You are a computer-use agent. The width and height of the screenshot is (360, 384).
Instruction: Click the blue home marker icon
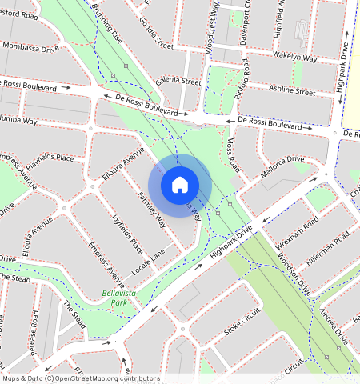click(x=180, y=185)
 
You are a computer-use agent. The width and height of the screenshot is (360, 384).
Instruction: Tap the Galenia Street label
click(x=178, y=81)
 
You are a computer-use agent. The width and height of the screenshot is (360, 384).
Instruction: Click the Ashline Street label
click(x=293, y=90)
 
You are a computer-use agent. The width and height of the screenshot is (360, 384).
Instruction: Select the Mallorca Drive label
click(x=282, y=167)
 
